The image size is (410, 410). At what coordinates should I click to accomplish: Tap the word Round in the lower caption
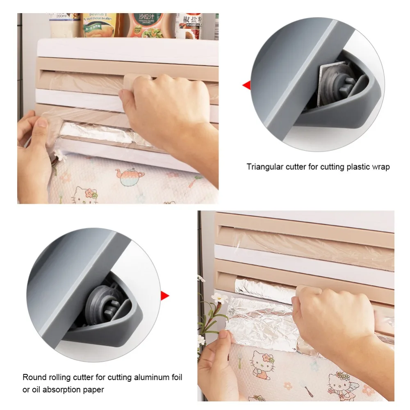[32, 377]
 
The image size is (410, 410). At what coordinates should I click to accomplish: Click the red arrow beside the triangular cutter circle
[246, 85]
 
